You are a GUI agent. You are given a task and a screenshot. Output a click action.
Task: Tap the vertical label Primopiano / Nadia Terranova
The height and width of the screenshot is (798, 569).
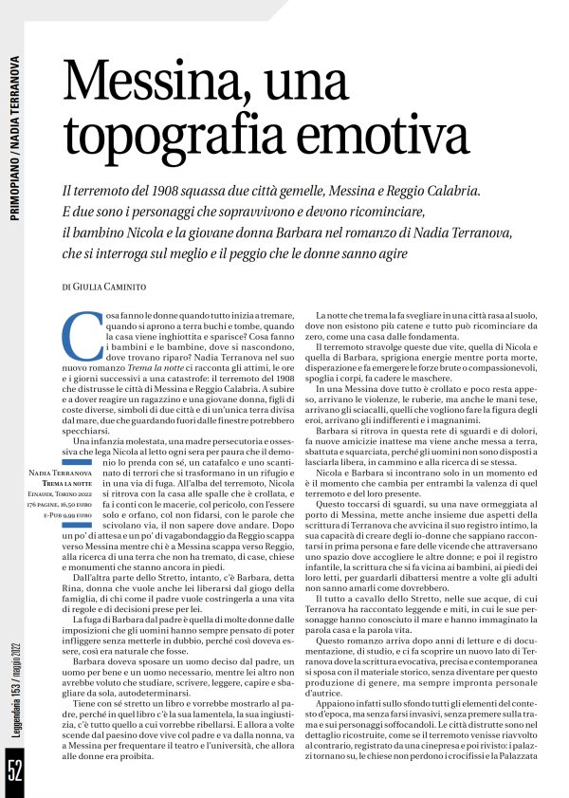tap(16, 142)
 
